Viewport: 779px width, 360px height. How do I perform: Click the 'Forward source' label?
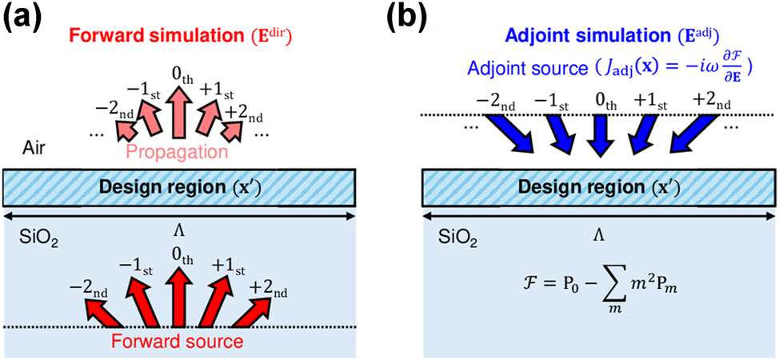pos(178,342)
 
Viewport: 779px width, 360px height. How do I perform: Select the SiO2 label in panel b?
pos(453,238)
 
